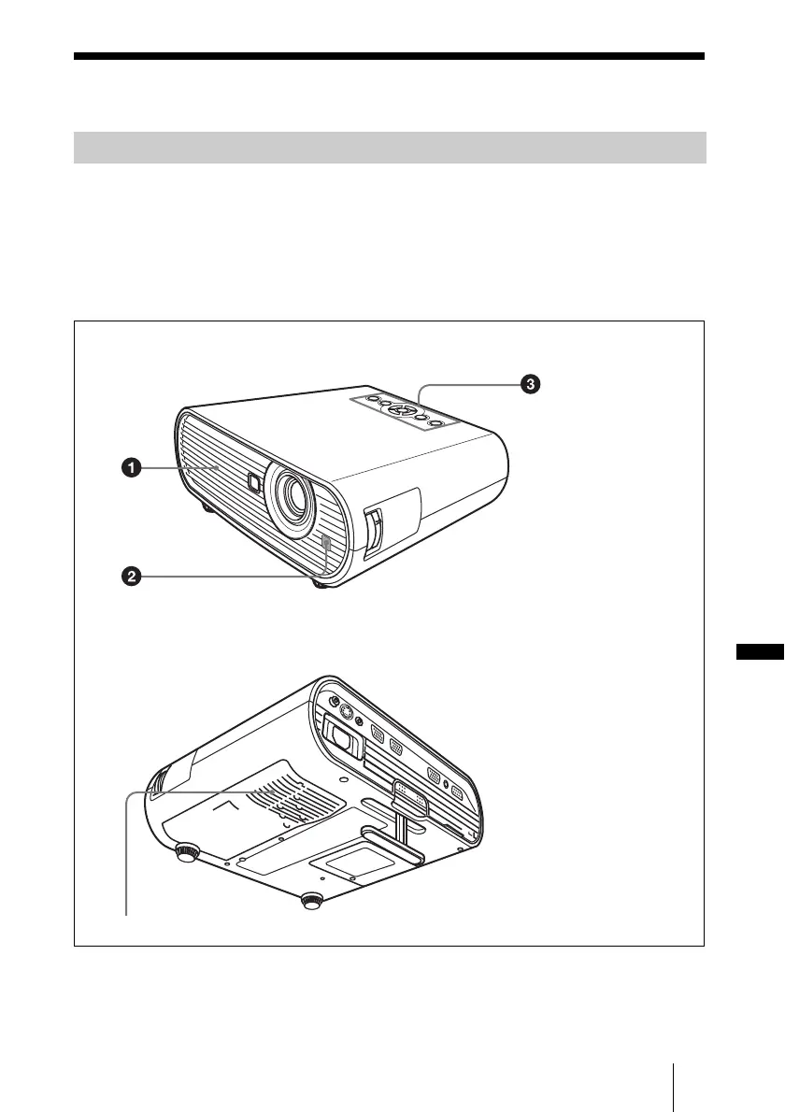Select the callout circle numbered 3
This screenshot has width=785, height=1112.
531,383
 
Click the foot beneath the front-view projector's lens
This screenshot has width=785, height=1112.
321,583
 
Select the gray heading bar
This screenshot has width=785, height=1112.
390,148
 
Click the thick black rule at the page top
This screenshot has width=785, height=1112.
390,57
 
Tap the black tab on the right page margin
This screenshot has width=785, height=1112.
756,651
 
